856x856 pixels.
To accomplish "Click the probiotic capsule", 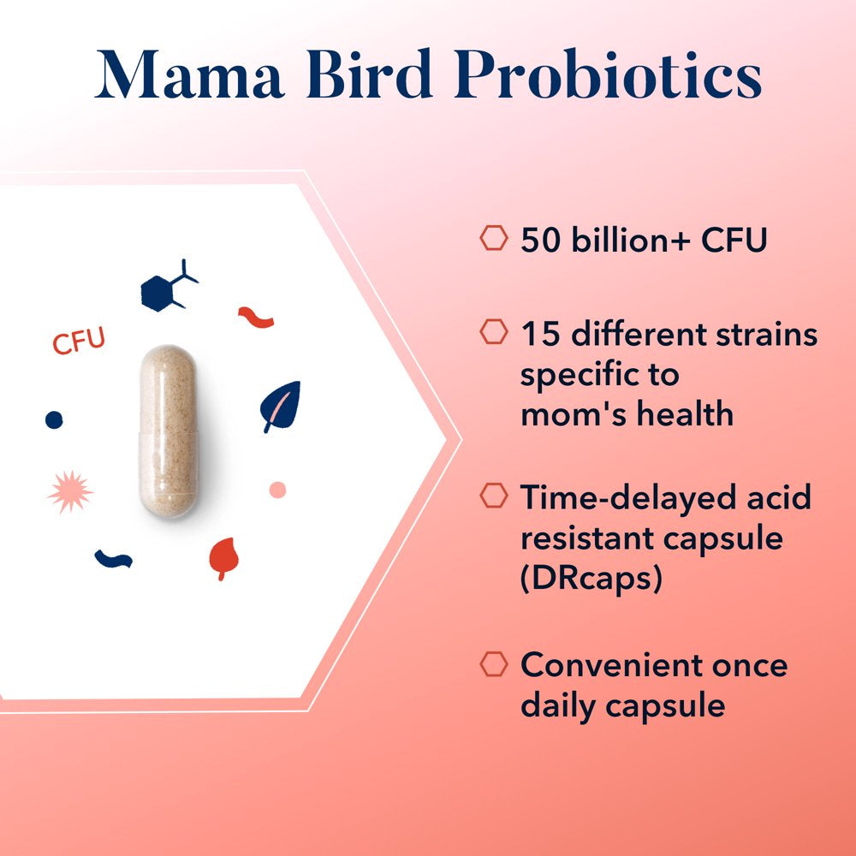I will tap(169, 431).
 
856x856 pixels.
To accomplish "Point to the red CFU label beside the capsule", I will tap(79, 341).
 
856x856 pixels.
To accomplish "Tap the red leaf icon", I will tap(223, 557).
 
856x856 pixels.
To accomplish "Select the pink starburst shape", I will tap(70, 492).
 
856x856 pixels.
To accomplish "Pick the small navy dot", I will tap(54, 419).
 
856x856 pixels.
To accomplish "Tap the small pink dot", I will tap(277, 490).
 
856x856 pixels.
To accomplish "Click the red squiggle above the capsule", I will tap(256, 318).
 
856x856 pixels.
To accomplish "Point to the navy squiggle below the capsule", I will tap(113, 559).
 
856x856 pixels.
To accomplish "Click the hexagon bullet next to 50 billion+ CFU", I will tap(493, 239).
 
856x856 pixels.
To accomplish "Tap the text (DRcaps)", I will tap(591, 580).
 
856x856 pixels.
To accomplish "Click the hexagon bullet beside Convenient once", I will tap(493, 663).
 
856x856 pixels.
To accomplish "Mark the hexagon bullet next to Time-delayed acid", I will tap(493, 496).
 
